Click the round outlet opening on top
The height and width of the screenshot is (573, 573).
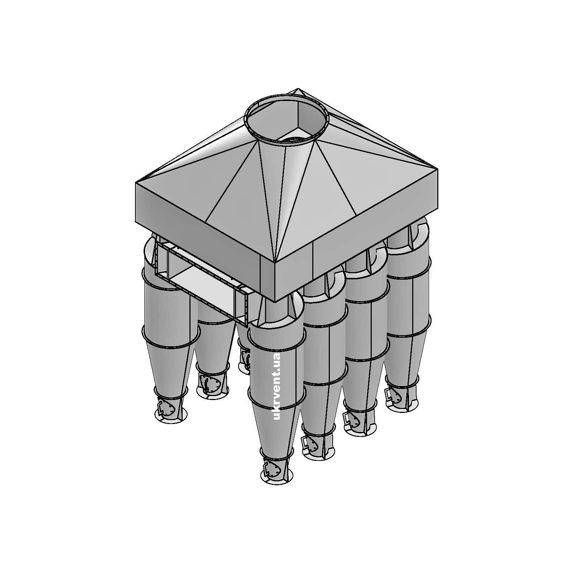click(x=285, y=120)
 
